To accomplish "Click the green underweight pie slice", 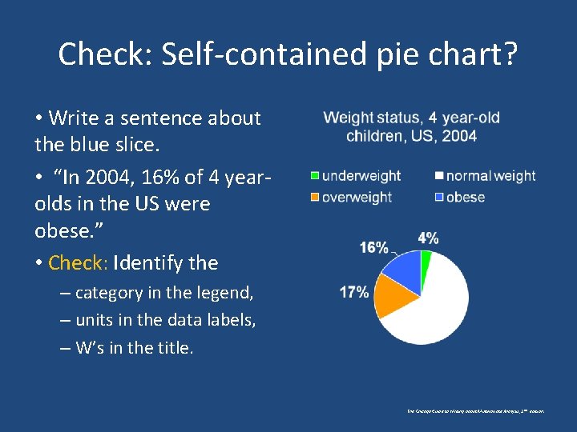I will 426,259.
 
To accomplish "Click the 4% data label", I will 428,238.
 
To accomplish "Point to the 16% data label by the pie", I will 373,248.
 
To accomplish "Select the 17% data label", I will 354,292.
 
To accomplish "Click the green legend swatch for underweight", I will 315,176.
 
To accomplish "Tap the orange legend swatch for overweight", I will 315,197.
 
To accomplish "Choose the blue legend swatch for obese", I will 439,197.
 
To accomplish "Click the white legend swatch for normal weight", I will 439,176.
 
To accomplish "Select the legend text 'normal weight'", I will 490,176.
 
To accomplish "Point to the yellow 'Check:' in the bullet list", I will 79,262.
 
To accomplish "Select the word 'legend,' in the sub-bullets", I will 224,293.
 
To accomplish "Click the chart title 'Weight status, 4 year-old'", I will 411,118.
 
